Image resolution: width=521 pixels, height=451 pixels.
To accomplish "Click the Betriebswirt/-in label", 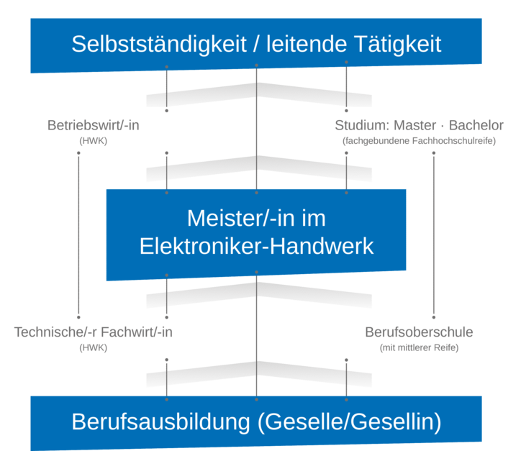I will pos(94,125).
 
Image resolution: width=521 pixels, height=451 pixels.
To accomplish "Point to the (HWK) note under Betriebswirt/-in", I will pos(94,141).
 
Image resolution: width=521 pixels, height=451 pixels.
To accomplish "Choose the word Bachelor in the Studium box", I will pos(476,125).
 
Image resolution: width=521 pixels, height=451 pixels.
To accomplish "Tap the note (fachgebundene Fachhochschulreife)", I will pos(419,141).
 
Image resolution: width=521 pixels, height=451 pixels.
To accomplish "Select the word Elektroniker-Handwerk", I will pos(257,246).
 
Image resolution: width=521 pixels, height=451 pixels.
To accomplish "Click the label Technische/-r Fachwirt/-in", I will pos(94,332).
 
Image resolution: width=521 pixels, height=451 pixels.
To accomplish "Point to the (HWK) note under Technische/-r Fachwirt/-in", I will pos(94,348).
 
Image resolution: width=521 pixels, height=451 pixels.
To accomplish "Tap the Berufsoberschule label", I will pos(419,332).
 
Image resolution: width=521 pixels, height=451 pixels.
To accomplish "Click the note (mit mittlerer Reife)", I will pos(419,348).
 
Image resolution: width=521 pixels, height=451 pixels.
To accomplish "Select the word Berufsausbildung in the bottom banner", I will pos(161,422).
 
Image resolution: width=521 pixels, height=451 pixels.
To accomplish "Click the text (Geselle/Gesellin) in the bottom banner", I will pos(349,422).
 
